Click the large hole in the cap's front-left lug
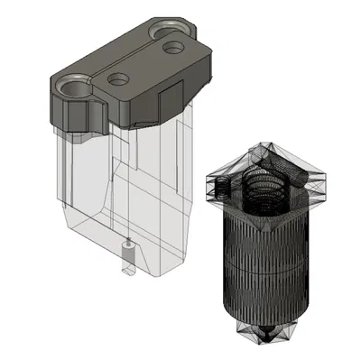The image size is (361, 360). pos(73,88)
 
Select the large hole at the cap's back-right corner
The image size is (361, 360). pos(173,37)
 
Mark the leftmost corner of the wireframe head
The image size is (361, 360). pos(207,180)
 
